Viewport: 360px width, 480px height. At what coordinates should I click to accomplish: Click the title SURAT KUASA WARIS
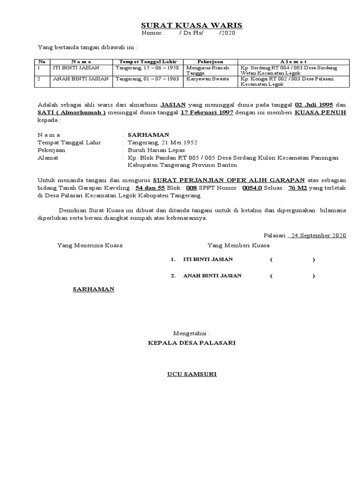192,25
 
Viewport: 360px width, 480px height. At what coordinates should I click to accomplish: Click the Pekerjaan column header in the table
210,62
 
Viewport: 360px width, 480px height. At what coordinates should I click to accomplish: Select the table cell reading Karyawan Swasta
207,79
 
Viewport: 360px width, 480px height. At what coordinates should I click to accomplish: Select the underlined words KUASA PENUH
321,113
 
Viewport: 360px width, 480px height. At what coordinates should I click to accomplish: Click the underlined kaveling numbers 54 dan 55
150,187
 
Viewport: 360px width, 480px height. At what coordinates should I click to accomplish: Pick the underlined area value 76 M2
298,187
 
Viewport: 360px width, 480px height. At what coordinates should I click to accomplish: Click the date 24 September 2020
318,235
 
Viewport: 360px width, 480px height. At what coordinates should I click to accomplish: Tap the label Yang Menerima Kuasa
90,245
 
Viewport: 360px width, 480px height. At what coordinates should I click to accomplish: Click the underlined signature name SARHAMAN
94,289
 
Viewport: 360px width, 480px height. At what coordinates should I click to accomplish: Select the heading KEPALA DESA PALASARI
192,343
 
